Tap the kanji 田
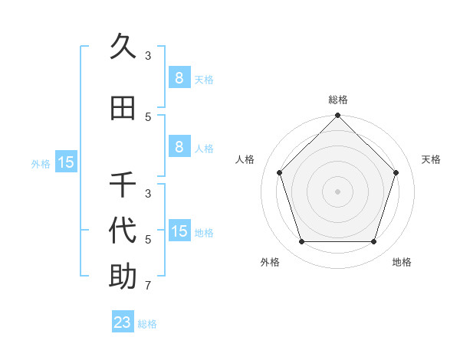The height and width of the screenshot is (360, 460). [x=123, y=108]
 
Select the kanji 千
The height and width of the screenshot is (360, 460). [x=123, y=185]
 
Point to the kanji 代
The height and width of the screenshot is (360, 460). [x=123, y=231]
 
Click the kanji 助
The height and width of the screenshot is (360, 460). [x=123, y=277]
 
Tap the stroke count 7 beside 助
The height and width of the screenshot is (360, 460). [x=148, y=286]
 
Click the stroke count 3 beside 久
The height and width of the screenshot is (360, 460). [x=148, y=56]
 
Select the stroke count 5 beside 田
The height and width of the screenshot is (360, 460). [x=148, y=116]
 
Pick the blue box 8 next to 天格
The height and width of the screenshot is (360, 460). [x=179, y=78]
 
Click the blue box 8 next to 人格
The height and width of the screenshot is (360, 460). [x=179, y=147]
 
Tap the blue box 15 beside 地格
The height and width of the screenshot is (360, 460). [x=179, y=231]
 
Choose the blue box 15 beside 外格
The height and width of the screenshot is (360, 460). [x=66, y=162]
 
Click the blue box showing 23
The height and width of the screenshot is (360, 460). [x=123, y=322]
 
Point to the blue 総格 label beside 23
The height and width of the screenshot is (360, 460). [x=147, y=324]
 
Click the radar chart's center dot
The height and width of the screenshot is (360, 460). [x=337, y=191]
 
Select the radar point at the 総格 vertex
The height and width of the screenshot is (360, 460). [x=337, y=116]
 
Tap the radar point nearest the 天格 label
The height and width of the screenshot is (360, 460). [x=396, y=172]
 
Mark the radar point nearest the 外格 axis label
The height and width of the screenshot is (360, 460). [x=301, y=242]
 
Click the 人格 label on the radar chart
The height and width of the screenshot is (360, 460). [x=245, y=159]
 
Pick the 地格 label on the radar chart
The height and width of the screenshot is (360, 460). [x=402, y=262]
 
